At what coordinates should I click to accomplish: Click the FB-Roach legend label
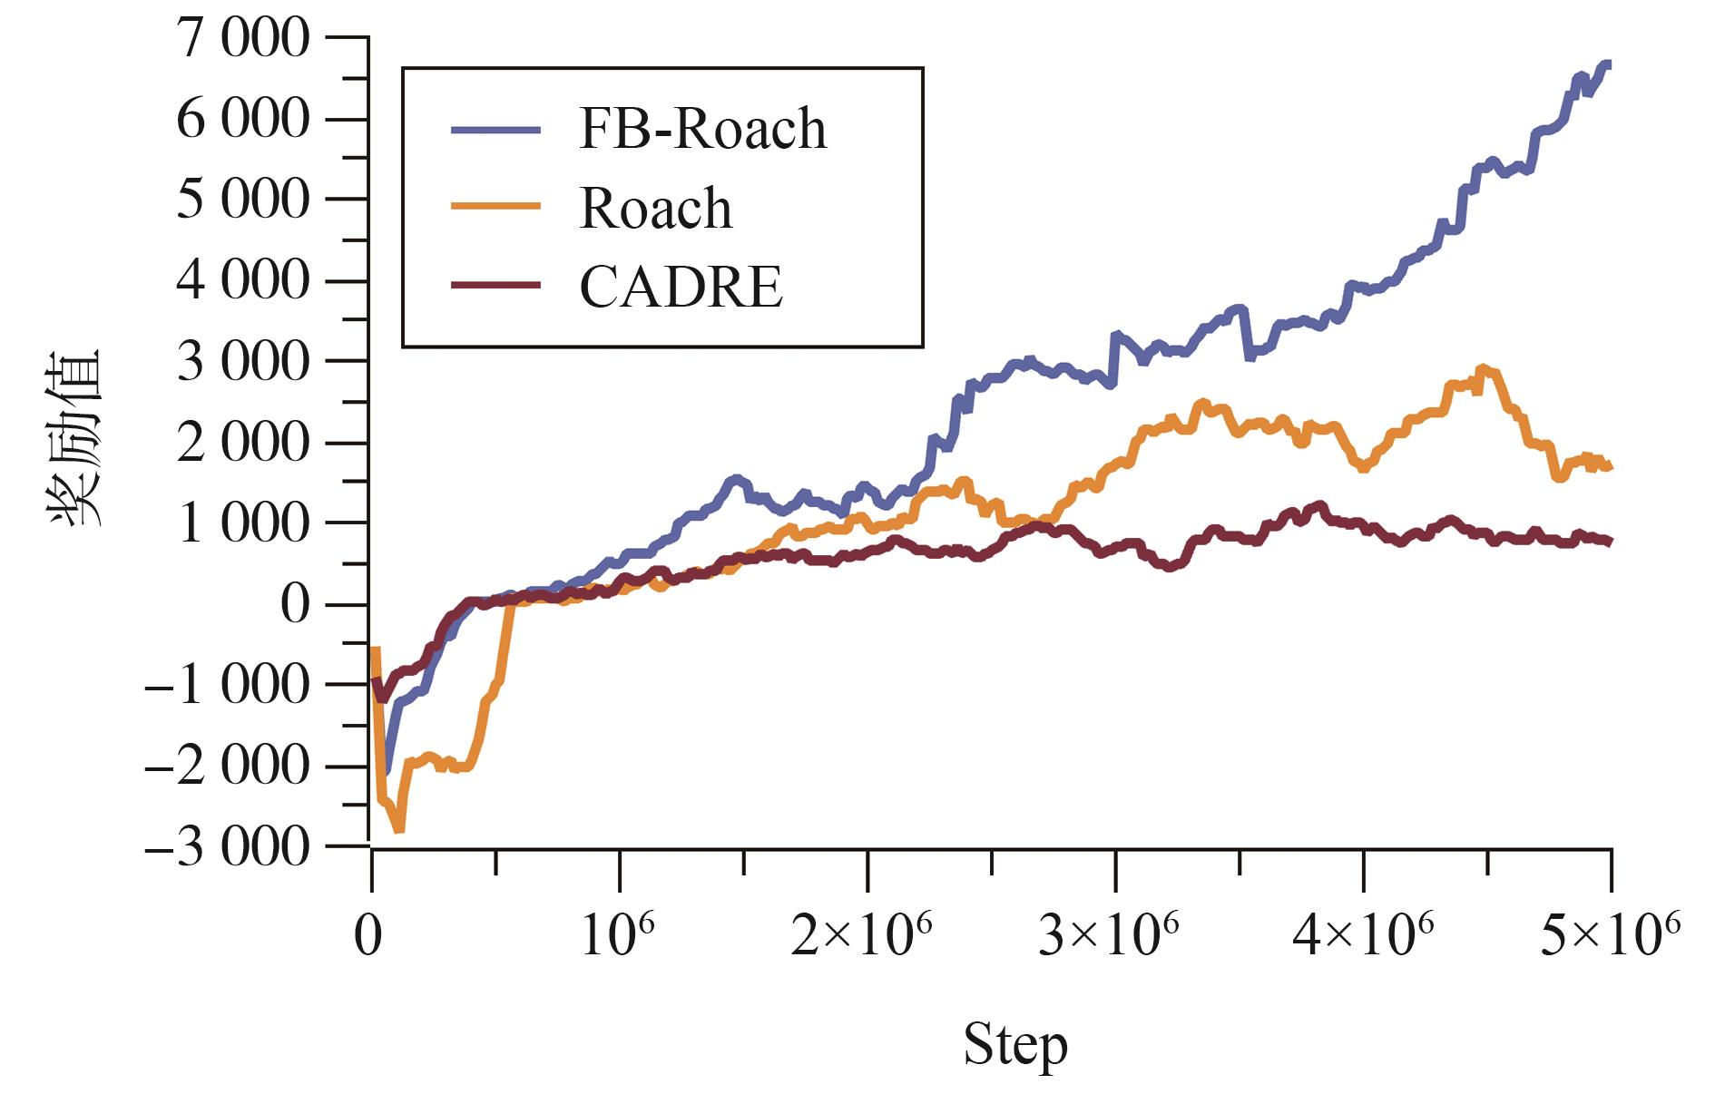[x=702, y=129]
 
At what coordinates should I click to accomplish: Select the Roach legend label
[x=655, y=209]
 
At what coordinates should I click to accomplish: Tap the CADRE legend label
[x=681, y=288]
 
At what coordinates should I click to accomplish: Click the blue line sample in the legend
[x=495, y=130]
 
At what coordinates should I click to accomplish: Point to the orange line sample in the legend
[x=495, y=207]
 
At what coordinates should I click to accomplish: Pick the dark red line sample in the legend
[x=495, y=286]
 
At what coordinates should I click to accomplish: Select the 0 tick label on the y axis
[x=295, y=604]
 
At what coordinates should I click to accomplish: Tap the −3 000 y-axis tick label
[x=227, y=846]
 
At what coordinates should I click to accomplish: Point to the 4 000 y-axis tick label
[x=242, y=281]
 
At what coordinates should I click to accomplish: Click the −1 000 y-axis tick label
[x=227, y=685]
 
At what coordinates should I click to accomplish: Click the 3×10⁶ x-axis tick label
[x=1108, y=936]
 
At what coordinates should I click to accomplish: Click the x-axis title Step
[x=1014, y=1046]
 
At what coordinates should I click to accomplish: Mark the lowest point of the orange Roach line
[x=397, y=829]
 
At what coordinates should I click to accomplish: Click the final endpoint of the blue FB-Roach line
[x=1609, y=63]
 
